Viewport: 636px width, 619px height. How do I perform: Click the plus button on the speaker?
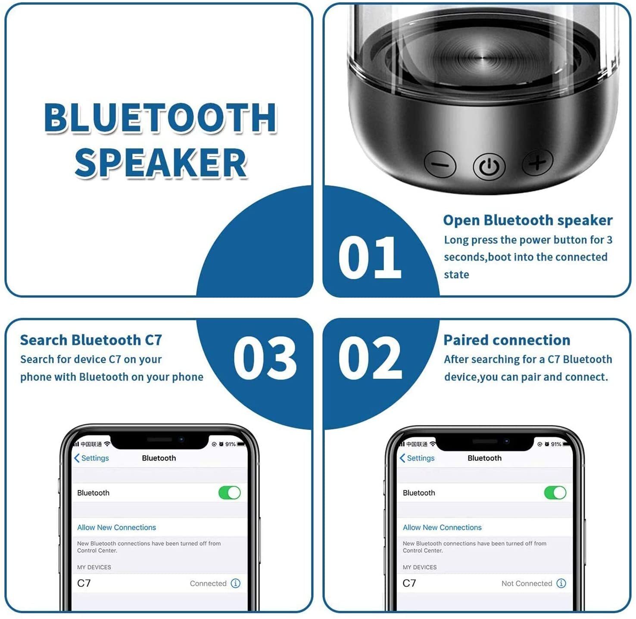coord(537,162)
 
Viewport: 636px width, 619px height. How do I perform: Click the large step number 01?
coord(370,258)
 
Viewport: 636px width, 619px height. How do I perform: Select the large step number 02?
coord(370,358)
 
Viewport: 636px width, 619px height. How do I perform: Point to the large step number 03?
coord(265,358)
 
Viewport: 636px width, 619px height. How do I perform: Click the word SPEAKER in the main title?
coord(160,163)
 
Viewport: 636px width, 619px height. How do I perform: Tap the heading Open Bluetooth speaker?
coord(527,220)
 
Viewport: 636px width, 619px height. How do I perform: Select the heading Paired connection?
coord(507,340)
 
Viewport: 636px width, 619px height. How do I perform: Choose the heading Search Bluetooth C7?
coord(91,340)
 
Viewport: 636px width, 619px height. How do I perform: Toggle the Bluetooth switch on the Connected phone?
coord(229,493)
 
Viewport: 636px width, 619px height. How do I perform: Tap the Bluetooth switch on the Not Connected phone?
coord(555,493)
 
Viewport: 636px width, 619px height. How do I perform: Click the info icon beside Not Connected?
coord(561,583)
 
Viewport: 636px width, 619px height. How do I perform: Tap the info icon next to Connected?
coord(235,583)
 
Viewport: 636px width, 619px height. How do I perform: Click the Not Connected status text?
coord(527,583)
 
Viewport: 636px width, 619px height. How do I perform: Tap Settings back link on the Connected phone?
coord(91,458)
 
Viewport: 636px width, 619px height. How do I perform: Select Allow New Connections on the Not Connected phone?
coord(442,528)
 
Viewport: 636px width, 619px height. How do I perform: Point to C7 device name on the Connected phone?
coord(84,583)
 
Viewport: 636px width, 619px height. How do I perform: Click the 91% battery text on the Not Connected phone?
coord(556,444)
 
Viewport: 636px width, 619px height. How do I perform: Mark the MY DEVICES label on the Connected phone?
coord(94,567)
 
